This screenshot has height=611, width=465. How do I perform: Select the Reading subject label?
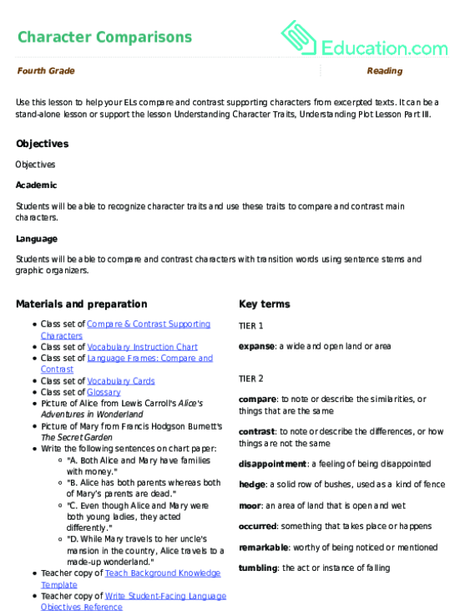[x=384, y=71]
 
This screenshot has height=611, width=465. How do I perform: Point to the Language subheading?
[x=37, y=238]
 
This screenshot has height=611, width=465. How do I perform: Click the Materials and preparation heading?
[x=82, y=304]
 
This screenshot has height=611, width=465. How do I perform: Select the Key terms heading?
[x=265, y=304]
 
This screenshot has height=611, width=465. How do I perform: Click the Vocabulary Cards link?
[x=120, y=380]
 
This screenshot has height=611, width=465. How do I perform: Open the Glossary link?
[x=104, y=392]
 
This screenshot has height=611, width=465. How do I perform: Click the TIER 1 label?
[x=250, y=325]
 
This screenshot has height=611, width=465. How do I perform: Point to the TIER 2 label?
[x=250, y=379]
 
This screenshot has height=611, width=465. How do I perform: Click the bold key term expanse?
[x=256, y=345]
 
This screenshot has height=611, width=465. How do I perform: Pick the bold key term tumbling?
[x=258, y=568]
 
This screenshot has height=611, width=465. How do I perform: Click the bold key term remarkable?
[x=263, y=547]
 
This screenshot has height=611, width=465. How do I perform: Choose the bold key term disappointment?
[x=272, y=464]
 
